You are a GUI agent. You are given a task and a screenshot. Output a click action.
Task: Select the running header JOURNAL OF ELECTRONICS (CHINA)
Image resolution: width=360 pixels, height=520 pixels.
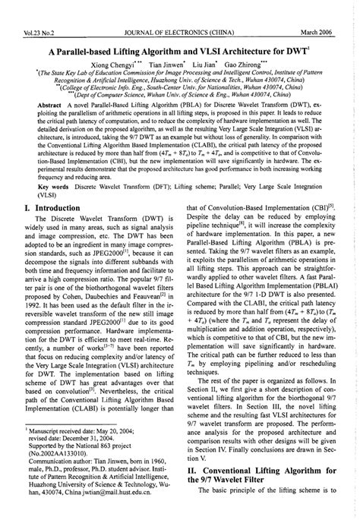180,9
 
